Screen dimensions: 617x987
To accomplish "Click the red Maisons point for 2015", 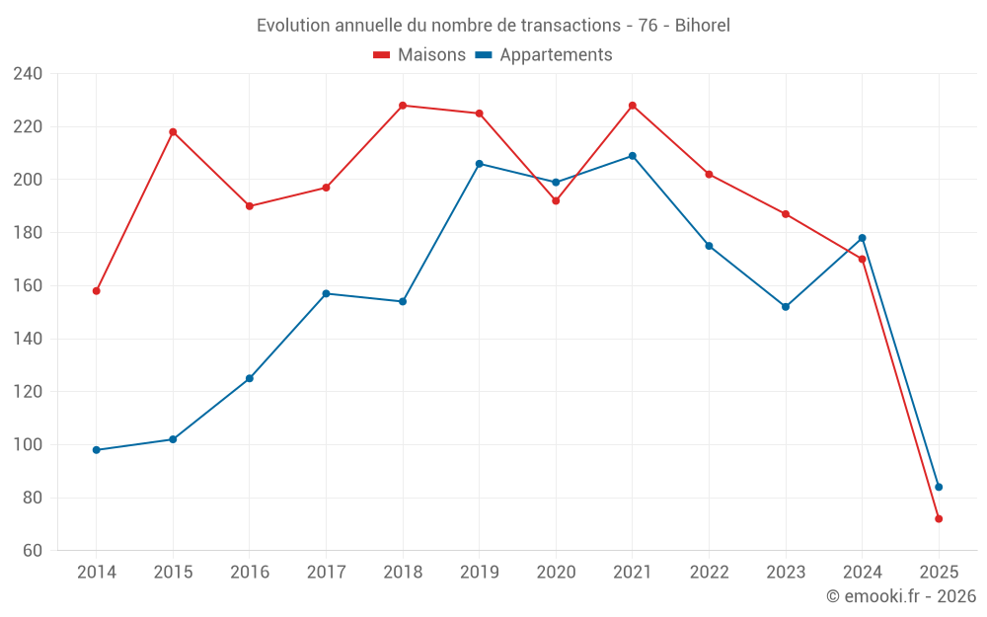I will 173,132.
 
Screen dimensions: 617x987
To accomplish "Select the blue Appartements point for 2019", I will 480,164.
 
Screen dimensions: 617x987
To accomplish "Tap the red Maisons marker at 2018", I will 403,106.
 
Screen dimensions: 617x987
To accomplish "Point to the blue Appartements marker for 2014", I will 97,450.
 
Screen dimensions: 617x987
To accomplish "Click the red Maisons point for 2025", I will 939,519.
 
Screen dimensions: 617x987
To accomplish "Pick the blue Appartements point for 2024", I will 862,238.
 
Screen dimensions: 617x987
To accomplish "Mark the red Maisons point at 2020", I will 556,201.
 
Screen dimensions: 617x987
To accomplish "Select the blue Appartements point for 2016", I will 250,378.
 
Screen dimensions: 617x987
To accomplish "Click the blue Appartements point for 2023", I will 786,307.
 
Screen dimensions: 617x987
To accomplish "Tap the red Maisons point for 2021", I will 633,106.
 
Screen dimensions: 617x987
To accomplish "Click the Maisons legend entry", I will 419,55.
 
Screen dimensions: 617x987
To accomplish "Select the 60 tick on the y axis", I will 32,551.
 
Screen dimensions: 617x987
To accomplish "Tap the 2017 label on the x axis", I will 326,573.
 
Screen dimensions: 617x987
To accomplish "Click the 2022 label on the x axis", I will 709,573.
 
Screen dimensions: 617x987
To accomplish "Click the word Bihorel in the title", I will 702,26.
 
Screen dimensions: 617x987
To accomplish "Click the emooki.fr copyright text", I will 901,596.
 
